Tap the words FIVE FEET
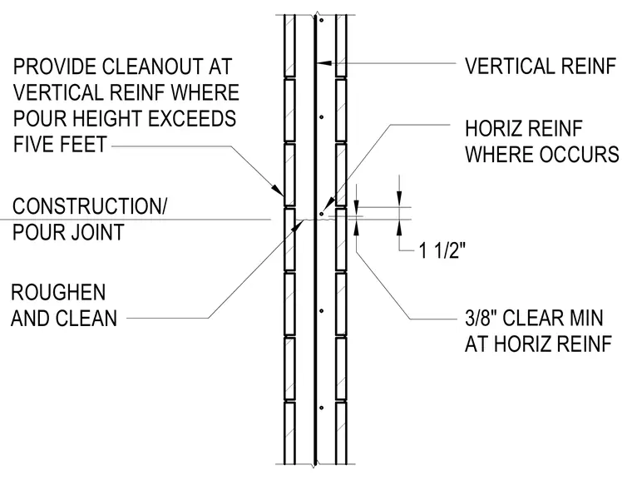[x=60, y=144]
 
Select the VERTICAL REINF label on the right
[x=541, y=67]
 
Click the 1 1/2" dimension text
[x=442, y=251]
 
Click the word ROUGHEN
[x=58, y=292]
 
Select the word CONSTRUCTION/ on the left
[x=90, y=206]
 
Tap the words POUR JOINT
[x=68, y=232]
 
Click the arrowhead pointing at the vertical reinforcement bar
[x=324, y=63]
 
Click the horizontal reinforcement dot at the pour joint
[x=321, y=213]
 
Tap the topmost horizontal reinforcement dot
[x=321, y=20]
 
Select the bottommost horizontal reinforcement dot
[x=321, y=408]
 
